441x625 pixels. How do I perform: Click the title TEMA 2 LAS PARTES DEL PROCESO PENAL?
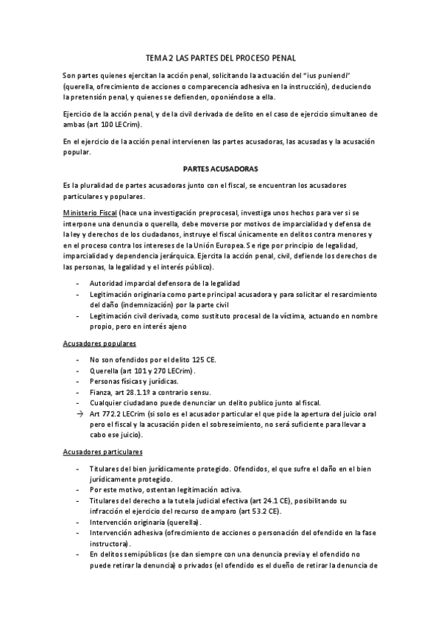pos(219,57)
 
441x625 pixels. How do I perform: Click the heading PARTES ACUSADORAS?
pos(219,169)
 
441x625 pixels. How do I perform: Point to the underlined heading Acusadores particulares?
pos(101,451)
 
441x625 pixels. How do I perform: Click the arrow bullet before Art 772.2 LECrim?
pos(80,415)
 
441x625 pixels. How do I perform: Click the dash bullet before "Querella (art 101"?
pos(79,370)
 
